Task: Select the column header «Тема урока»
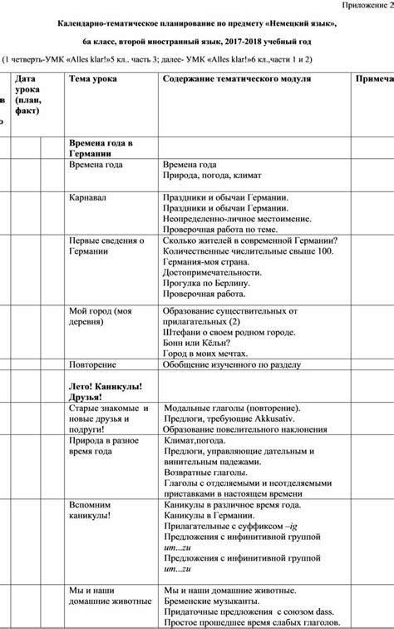click(92, 78)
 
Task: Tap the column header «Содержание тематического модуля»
click(237, 78)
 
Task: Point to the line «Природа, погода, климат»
click(213, 176)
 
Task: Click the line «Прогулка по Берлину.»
click(210, 283)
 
